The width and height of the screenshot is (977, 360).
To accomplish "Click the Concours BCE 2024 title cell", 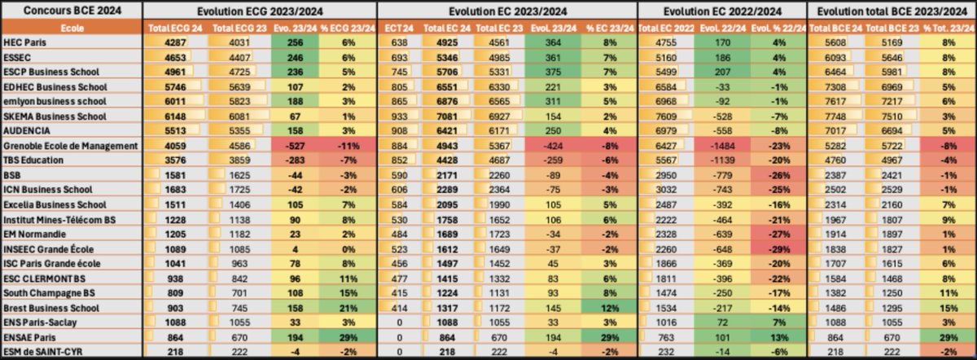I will point(71,10).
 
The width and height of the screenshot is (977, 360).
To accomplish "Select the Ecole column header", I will point(71,28).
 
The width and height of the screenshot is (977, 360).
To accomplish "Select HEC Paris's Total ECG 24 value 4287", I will point(172,42).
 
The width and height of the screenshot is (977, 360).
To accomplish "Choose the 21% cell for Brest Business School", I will point(344,308).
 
